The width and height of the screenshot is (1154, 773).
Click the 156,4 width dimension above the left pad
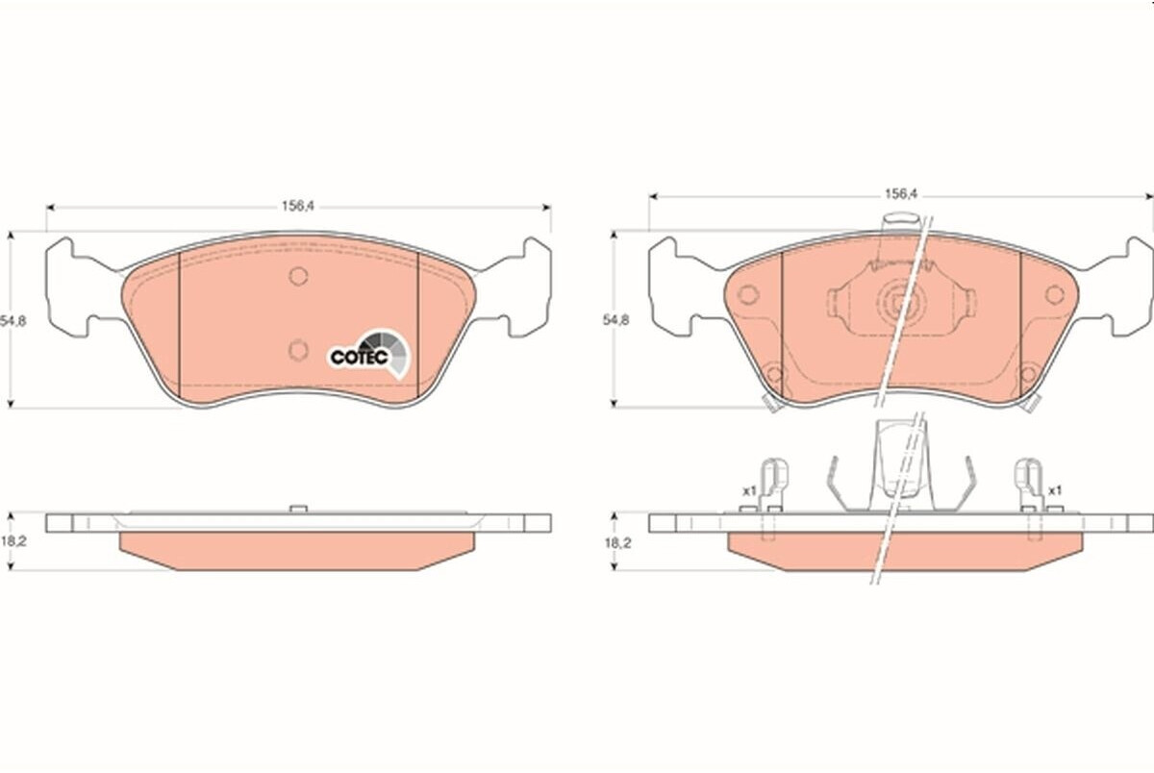tap(298, 207)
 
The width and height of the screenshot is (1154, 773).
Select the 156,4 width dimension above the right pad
tap(902, 194)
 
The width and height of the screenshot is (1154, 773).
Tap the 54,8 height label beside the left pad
tap(13, 321)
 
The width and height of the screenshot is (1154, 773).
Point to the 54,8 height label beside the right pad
tap(616, 320)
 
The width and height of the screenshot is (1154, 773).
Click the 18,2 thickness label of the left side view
tap(13, 541)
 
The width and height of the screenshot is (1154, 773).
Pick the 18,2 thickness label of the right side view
tap(617, 543)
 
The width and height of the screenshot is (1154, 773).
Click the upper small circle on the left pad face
tap(298, 276)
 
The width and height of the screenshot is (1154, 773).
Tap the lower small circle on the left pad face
tap(298, 350)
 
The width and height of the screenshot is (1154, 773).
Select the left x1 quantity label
tap(749, 491)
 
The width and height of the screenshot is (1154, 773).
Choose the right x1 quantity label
tap(1055, 490)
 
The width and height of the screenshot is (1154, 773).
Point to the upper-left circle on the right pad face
tap(747, 294)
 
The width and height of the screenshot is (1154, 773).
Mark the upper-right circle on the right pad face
tap(1055, 294)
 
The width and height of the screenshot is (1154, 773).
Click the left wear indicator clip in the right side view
tap(773, 489)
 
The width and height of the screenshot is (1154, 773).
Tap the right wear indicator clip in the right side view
tap(1029, 489)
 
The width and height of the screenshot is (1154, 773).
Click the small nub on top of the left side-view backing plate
tap(298, 509)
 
